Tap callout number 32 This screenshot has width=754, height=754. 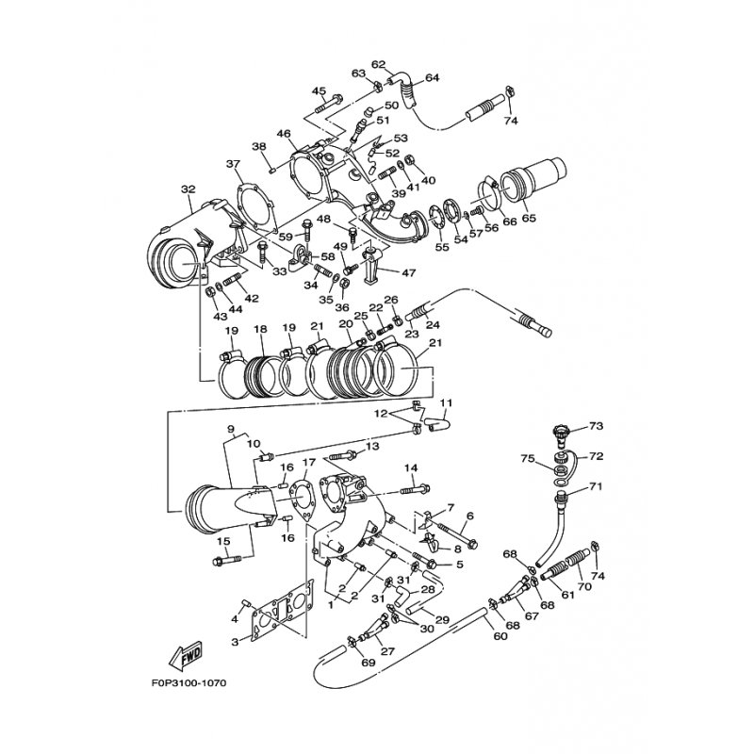point(188,189)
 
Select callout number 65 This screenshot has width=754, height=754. point(529,218)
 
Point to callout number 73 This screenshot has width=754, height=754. point(596,426)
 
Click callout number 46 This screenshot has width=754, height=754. point(285,134)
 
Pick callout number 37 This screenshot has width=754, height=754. point(233,164)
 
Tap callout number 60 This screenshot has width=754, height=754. point(500,636)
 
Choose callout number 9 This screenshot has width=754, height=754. point(230,428)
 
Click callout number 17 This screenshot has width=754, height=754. point(308,462)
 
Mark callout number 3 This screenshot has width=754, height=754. point(235,642)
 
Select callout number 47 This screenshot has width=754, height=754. point(409,272)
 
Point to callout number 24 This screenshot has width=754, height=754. point(433,325)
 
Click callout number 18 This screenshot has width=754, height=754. point(260,329)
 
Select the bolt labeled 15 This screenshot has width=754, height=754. point(226,560)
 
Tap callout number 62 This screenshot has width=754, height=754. point(379,64)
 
